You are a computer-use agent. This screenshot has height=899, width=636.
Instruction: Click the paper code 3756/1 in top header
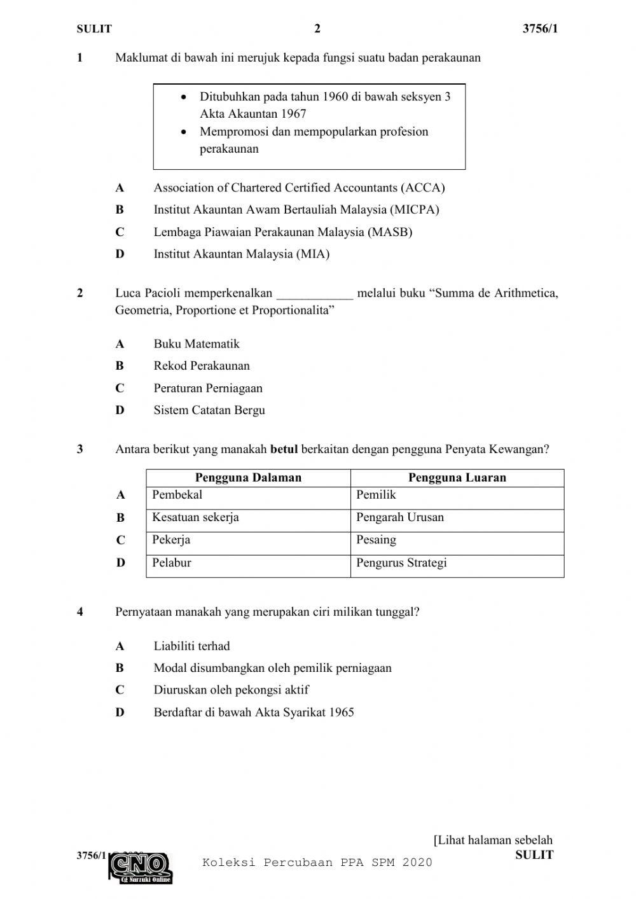coord(540,29)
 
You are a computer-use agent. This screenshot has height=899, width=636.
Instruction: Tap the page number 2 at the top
coord(317,29)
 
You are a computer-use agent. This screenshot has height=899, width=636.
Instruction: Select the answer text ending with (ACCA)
coord(299,188)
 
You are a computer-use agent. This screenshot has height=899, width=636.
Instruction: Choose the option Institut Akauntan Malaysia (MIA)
coord(241,254)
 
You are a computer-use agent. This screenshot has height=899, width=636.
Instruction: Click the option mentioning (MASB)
coord(282,232)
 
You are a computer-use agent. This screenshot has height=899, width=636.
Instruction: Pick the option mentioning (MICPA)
coord(296,209)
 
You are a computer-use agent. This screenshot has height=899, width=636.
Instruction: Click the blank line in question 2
coord(315,294)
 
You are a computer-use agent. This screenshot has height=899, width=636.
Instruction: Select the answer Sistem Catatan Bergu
coord(209,410)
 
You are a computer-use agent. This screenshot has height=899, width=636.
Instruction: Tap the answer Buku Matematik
coord(197,344)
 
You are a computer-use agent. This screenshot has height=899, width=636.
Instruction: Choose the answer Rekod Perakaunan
coord(202,366)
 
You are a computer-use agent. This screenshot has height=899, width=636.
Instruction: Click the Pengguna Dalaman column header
coord(248,478)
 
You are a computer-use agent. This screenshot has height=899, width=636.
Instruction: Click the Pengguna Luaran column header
coord(457,478)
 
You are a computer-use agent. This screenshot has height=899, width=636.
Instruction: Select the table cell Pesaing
coord(376,540)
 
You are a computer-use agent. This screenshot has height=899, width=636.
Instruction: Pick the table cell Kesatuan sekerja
coord(195,517)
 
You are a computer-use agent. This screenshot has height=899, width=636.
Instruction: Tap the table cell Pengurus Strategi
coord(401,563)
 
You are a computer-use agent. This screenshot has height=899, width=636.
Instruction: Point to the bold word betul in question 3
coord(284,449)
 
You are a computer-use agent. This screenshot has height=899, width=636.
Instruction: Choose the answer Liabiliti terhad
coord(191,646)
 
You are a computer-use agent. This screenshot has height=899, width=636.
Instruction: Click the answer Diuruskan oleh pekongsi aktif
coord(231,690)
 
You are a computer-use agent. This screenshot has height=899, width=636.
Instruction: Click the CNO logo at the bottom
coord(141,867)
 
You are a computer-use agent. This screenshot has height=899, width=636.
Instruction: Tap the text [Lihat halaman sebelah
coord(493,840)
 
